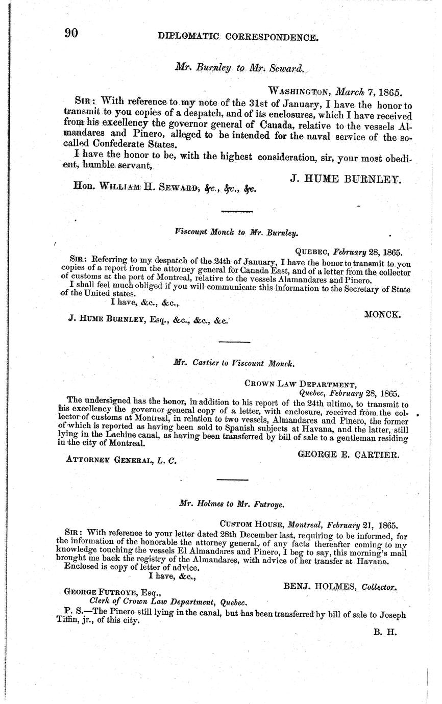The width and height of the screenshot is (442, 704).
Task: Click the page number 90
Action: coord(71,33)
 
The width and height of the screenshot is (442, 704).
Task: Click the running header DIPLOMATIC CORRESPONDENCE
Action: coord(238,37)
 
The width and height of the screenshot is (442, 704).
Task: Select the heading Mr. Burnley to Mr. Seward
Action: coord(239,67)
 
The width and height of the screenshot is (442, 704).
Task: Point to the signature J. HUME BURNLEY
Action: coord(346,179)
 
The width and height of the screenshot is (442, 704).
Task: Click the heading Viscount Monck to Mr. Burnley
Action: coord(236,232)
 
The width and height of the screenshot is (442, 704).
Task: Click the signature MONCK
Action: coord(382,315)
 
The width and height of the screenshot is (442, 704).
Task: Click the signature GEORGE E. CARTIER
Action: coord(348,454)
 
